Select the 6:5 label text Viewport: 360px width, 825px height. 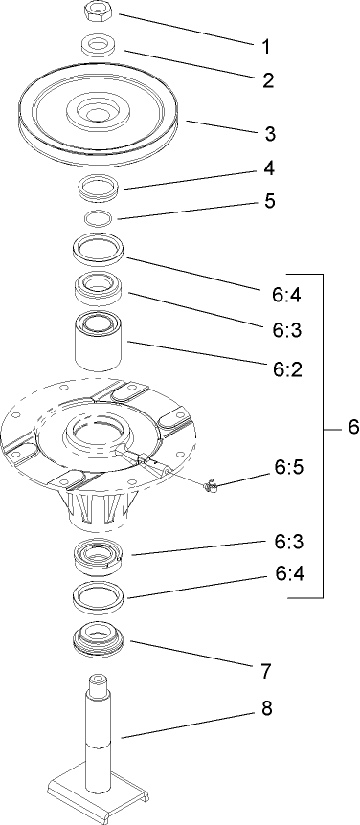click(289, 467)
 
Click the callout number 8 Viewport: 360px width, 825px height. click(266, 709)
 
